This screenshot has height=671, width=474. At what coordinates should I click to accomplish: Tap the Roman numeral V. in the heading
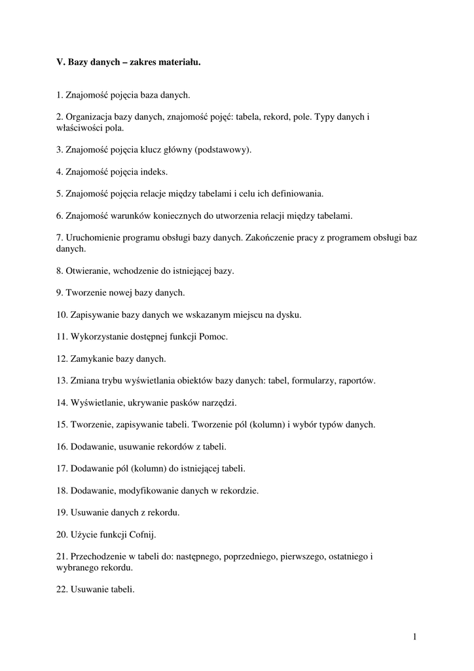pyautogui.click(x=61, y=63)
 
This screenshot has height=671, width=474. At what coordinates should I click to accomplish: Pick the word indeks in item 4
pyautogui.click(x=153, y=172)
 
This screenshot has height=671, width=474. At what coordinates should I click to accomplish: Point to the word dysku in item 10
pyautogui.click(x=287, y=315)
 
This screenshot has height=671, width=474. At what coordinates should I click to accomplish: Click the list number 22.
pyautogui.click(x=62, y=589)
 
